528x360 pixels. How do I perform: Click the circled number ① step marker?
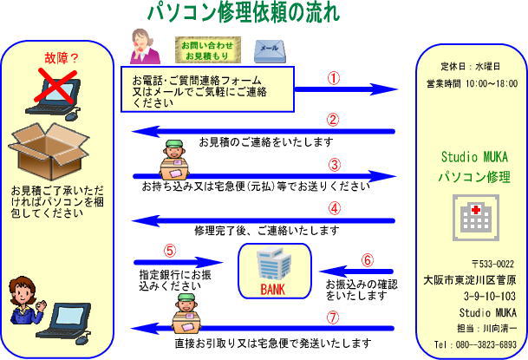(x=334, y=78)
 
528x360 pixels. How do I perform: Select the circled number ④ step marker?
(x=334, y=208)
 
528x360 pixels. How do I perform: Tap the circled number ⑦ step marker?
(x=333, y=317)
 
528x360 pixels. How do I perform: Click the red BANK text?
(x=272, y=290)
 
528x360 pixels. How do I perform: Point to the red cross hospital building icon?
(x=475, y=218)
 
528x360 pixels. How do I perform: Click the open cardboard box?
(x=49, y=151)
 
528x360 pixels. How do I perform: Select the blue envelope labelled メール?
(x=270, y=51)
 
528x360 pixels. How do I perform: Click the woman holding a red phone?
(x=144, y=47)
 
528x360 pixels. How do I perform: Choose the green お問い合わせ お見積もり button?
(x=208, y=50)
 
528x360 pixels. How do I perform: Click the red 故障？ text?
(x=62, y=58)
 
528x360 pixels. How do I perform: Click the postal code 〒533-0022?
(x=492, y=264)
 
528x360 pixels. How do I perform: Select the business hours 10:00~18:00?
(x=492, y=83)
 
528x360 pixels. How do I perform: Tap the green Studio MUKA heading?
(x=474, y=157)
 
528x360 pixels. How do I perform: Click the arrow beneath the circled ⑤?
(x=178, y=262)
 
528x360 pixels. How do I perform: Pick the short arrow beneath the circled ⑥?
(x=356, y=272)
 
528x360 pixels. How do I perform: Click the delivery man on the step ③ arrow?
(x=173, y=160)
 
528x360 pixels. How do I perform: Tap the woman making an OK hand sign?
(x=26, y=300)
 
